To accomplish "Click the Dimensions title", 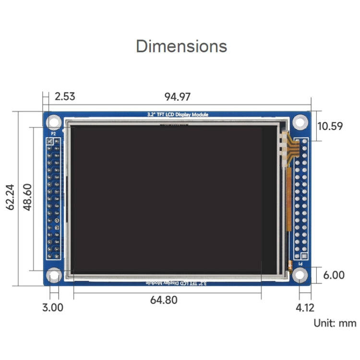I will [181, 46].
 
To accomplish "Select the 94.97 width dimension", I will [178, 96].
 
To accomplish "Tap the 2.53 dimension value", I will [65, 96].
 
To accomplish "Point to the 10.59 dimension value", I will [330, 126].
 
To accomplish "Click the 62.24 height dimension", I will [10, 198].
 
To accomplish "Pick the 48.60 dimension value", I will [28, 198].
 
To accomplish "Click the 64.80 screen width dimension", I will [164, 300].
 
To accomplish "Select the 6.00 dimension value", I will [334, 275].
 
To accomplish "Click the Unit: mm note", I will [335, 323].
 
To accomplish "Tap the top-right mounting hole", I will [300, 122].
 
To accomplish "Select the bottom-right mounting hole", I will [300, 275].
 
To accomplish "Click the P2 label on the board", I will [53, 134].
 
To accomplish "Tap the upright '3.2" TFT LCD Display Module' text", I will [177, 115].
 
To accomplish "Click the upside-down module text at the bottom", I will [177, 283].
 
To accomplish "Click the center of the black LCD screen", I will [166, 199].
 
